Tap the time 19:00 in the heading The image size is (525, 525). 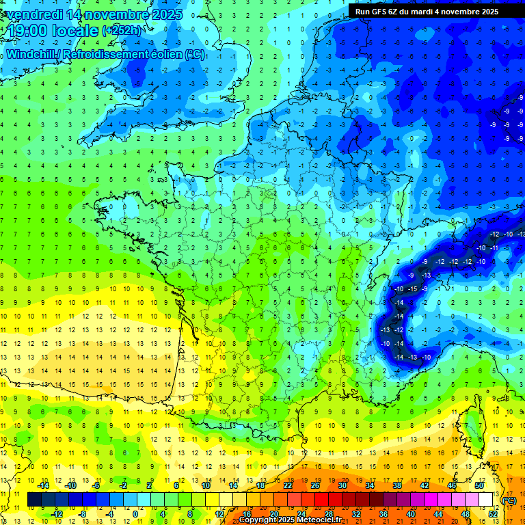pyautogui.click(x=27, y=31)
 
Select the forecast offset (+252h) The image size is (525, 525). pyautogui.click(x=122, y=31)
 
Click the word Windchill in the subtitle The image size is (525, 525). pyautogui.click(x=30, y=54)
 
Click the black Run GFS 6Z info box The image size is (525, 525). pyautogui.click(x=426, y=12)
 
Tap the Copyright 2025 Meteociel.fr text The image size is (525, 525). pyautogui.click(x=291, y=520)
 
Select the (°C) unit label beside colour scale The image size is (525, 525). pyautogui.click(x=509, y=500)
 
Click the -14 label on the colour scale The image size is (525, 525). pyautogui.click(x=44, y=485)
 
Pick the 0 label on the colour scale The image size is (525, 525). pyautogui.click(x=135, y=514)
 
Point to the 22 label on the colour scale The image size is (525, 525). pyautogui.click(x=288, y=485)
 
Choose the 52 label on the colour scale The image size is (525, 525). pyautogui.click(x=493, y=514)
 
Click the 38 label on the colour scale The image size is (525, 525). pyautogui.click(x=396, y=485)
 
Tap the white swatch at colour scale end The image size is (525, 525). pyautogui.click(x=486, y=500)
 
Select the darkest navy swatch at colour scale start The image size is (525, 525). pyautogui.click(x=34, y=500)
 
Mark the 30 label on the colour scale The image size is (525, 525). pyautogui.click(x=342, y=485)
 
